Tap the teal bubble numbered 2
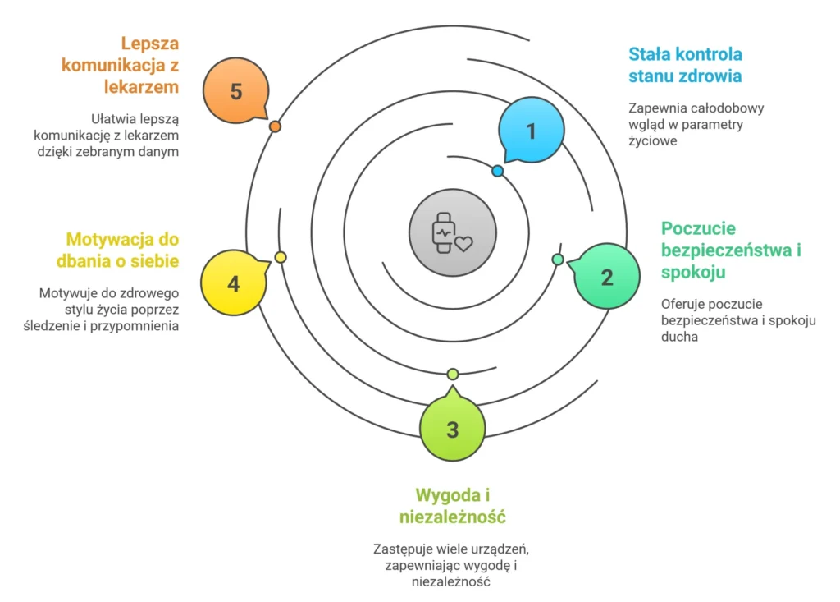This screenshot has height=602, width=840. coord(606,277)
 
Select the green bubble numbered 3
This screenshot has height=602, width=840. coord(452,430)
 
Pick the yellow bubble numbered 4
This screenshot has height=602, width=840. coord(234,284)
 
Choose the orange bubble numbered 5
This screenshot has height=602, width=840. coord(236,91)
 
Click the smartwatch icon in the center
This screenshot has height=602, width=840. coord(452,233)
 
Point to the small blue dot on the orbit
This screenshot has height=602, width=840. coord(498,171)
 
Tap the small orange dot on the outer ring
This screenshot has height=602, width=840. coord(276,126)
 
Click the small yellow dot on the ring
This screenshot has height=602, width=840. coord(281,257)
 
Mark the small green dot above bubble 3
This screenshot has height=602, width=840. coord(453,375)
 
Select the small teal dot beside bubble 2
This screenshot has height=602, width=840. coord(558,260)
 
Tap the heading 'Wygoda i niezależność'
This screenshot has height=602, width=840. coord(452,506)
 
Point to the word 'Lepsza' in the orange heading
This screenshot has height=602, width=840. coord(150,43)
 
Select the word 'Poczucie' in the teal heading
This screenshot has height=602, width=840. coord(698,228)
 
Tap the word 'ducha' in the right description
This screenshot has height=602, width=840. coord(679,337)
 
